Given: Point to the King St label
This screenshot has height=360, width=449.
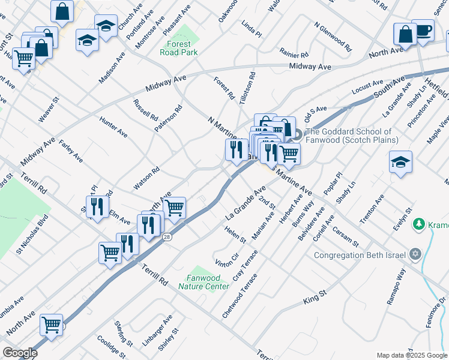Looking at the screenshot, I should [x=314, y=295].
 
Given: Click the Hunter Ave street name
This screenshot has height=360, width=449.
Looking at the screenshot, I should [x=113, y=126].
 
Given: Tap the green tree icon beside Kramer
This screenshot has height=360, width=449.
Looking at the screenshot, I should [x=418, y=224].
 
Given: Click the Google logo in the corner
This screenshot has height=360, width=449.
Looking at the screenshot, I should [x=20, y=353].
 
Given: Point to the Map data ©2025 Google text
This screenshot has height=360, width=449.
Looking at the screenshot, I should [x=412, y=355].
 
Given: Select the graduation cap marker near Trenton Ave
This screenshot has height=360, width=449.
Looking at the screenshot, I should [x=400, y=162].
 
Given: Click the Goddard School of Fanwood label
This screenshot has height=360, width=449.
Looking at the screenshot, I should [x=352, y=136].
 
